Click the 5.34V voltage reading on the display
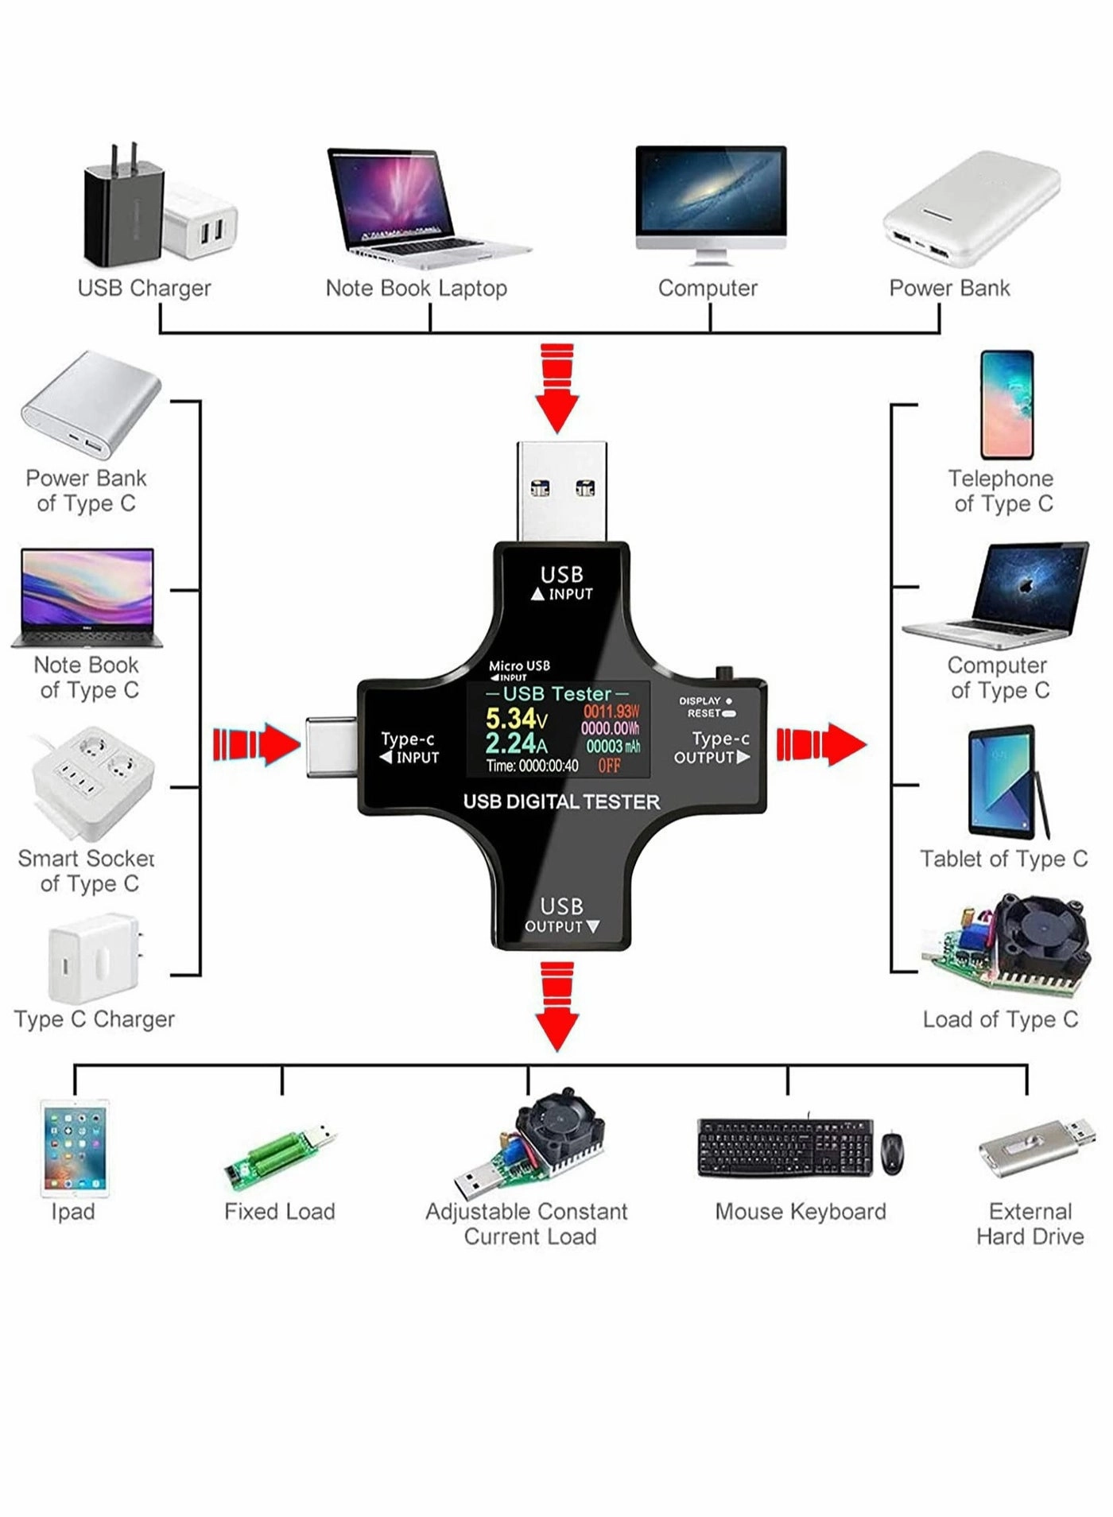(x=515, y=718)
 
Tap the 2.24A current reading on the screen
(x=515, y=744)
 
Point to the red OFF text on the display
(x=609, y=766)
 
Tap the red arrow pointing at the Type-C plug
(x=257, y=744)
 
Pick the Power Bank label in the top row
(x=949, y=288)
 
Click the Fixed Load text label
(x=279, y=1212)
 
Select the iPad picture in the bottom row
(x=75, y=1148)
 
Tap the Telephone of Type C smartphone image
(x=1006, y=405)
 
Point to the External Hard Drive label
(x=1030, y=1224)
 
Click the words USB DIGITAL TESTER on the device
(x=561, y=801)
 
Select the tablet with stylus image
(x=1003, y=782)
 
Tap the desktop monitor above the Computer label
(x=710, y=195)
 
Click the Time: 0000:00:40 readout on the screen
(x=532, y=766)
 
